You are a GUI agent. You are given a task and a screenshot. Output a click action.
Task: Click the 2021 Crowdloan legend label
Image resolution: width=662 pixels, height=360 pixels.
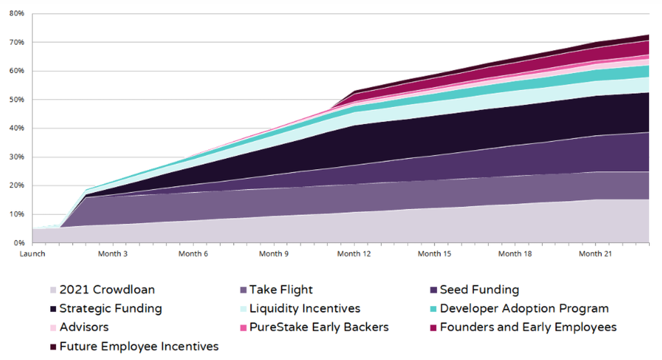click(x=107, y=289)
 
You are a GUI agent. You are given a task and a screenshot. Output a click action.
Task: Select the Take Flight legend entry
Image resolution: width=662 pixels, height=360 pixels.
click(x=281, y=289)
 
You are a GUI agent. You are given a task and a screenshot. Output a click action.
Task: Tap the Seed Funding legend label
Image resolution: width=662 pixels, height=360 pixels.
click(x=479, y=289)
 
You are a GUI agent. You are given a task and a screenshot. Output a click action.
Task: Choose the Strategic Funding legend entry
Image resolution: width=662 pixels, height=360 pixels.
click(x=110, y=308)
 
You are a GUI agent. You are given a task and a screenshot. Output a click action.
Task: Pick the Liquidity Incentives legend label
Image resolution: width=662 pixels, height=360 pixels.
click(x=305, y=308)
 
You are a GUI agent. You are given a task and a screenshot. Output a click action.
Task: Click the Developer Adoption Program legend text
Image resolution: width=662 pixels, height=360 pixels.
click(x=524, y=308)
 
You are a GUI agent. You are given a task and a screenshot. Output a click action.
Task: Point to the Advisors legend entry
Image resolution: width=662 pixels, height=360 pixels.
click(x=84, y=327)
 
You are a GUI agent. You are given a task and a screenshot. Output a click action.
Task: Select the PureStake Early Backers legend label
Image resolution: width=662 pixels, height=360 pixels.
click(x=319, y=327)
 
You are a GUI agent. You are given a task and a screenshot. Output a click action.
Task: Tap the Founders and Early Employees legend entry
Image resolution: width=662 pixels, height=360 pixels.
click(x=528, y=327)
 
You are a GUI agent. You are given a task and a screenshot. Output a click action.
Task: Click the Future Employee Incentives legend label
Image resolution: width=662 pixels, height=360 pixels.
click(x=139, y=346)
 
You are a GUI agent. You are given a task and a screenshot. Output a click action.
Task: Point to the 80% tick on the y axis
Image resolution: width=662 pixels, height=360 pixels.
click(x=17, y=13)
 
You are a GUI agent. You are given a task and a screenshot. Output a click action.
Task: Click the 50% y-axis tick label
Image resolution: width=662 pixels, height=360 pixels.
click(x=17, y=99)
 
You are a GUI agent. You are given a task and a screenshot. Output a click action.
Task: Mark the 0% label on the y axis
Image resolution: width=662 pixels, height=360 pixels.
click(x=19, y=243)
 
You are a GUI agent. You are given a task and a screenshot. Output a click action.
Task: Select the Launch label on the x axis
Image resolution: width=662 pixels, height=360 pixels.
click(x=32, y=254)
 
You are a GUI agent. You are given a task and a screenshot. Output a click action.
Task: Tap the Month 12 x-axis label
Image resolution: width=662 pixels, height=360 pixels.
click(x=354, y=254)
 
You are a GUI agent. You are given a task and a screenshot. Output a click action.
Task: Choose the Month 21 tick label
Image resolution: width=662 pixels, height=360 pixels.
click(x=596, y=254)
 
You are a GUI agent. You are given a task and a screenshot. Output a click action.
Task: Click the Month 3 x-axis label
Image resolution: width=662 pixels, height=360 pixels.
click(x=113, y=254)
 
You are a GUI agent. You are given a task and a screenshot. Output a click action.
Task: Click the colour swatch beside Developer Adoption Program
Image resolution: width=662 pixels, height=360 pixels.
click(x=434, y=309)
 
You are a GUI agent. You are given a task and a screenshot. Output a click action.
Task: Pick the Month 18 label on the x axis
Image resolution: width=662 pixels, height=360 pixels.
click(x=515, y=254)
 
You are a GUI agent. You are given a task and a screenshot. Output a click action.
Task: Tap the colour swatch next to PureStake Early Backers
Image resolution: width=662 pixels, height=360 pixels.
click(x=243, y=327)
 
